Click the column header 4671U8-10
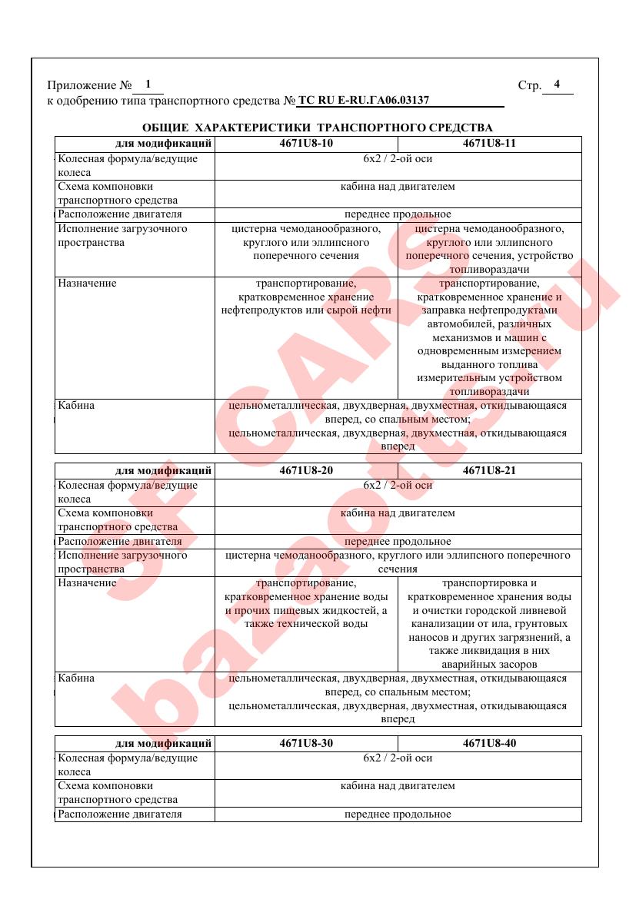[x=306, y=144]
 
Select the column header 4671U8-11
[x=489, y=144]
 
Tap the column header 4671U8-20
[x=306, y=470]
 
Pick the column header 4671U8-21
[x=489, y=470]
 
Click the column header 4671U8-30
[x=306, y=743]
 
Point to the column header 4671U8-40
[x=489, y=743]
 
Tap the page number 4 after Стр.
[x=557, y=85]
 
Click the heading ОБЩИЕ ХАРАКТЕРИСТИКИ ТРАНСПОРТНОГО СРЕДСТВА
[x=318, y=127]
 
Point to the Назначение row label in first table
[x=87, y=284]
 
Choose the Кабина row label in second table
[x=76, y=678]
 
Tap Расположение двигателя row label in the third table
[x=120, y=814]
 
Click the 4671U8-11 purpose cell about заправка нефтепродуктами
[x=489, y=337]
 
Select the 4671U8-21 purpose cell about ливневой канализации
[x=489, y=624]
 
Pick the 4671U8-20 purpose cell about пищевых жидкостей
[x=306, y=603]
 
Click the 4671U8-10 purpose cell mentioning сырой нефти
[x=306, y=297]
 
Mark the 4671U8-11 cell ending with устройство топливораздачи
[x=489, y=249]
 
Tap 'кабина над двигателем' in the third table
[x=398, y=786]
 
